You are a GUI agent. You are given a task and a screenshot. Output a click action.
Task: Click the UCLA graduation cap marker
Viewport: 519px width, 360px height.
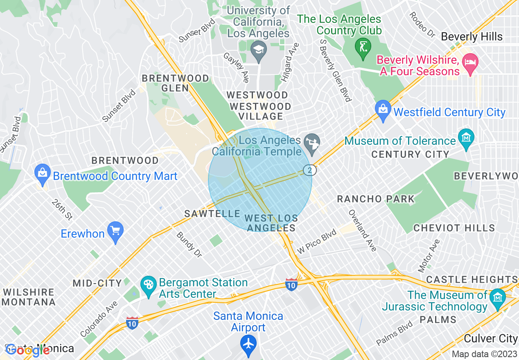coord(258,51)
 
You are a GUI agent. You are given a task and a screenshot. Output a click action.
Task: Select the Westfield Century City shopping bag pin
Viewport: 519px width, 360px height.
coord(383,110)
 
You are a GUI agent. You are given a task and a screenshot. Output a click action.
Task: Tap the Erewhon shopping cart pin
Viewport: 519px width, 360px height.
coord(115,231)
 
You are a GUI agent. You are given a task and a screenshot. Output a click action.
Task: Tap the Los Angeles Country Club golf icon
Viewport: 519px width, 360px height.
coord(363,44)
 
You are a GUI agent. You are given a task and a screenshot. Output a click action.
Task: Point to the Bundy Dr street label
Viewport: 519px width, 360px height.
coord(189,245)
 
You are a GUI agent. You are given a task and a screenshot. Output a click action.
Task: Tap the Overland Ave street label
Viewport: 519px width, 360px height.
coord(362,230)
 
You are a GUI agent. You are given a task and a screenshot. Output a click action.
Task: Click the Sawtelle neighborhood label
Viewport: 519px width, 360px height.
coord(212,214)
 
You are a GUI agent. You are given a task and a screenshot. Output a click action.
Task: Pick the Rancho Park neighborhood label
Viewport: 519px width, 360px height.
coord(375,199)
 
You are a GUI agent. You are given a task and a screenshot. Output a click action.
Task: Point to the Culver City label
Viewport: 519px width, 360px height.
coord(491,338)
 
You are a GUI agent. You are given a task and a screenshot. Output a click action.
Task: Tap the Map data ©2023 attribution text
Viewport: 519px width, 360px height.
coord(484,354)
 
